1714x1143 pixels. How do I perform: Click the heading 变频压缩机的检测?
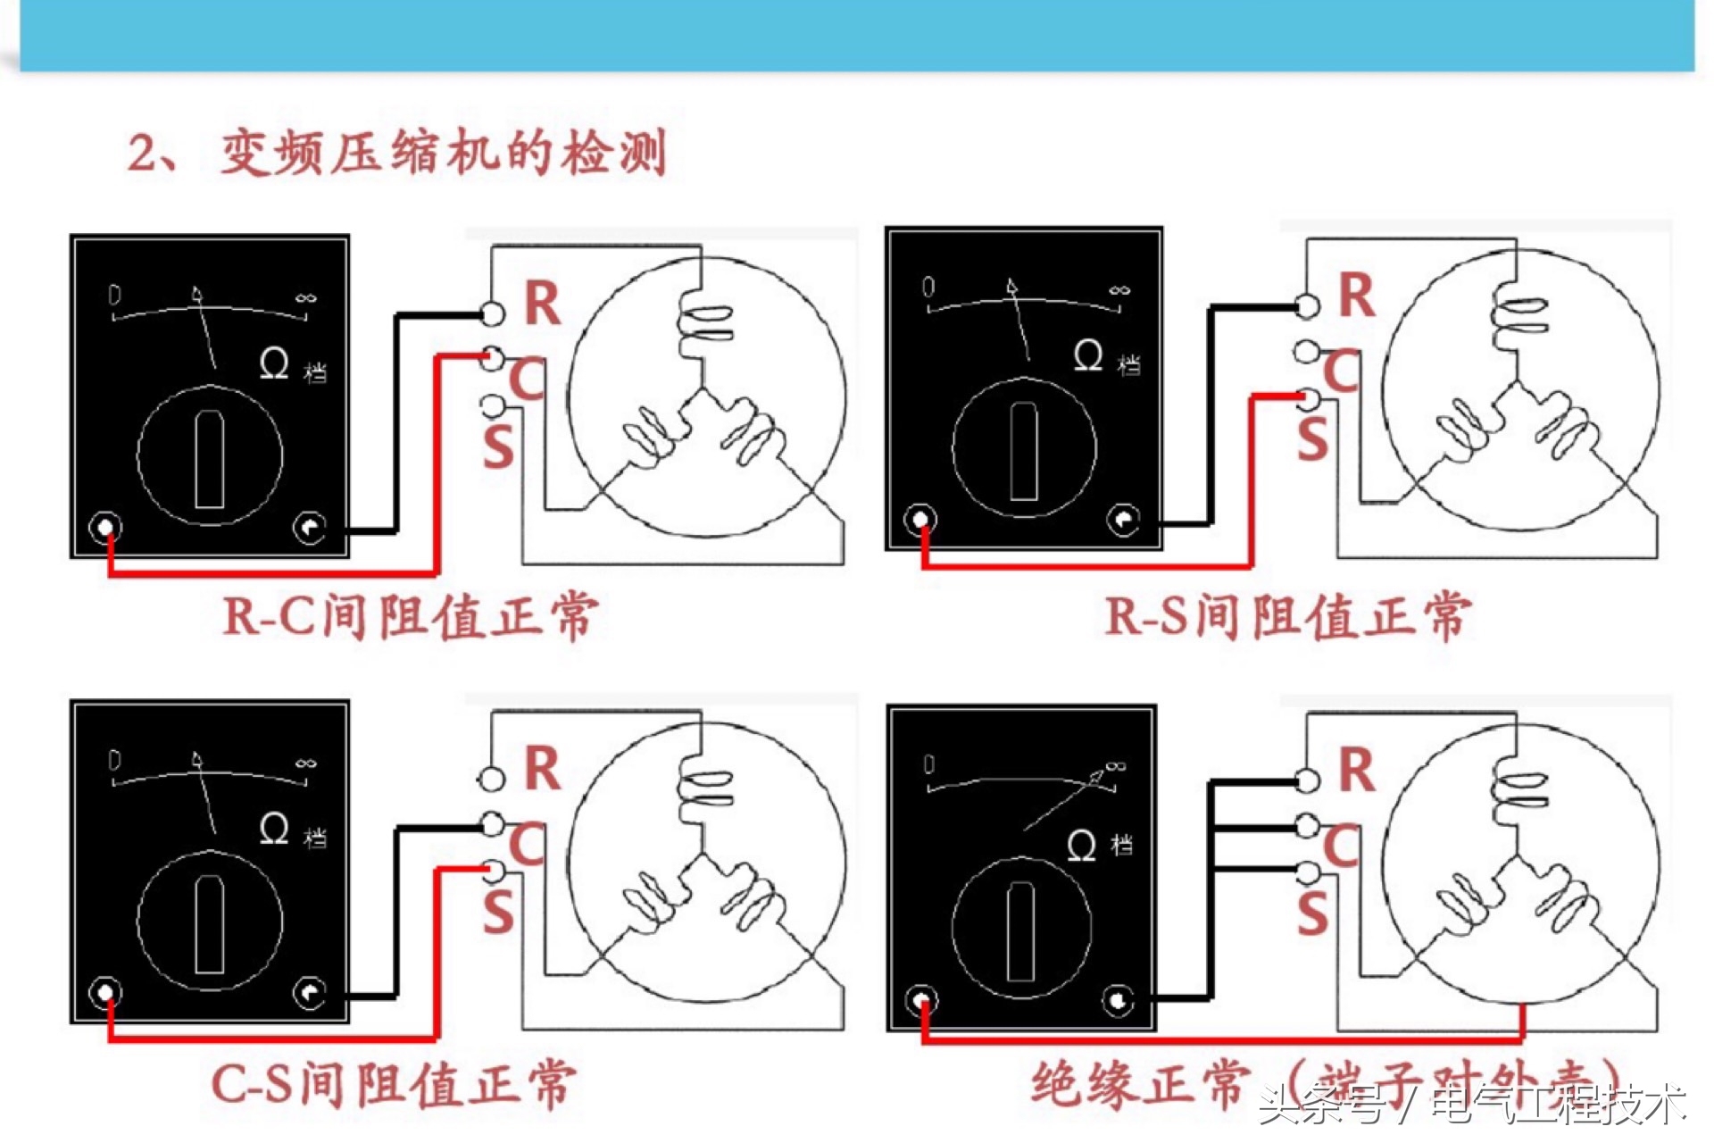click(443, 153)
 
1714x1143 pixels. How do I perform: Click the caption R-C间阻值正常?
click(410, 616)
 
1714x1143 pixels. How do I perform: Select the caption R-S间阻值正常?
click(1286, 616)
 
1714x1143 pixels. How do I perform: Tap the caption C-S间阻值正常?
click(394, 1084)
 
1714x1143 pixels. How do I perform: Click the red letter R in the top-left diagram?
click(542, 304)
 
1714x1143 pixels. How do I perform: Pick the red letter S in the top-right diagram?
click(1312, 440)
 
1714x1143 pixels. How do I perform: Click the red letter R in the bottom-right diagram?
click(1356, 770)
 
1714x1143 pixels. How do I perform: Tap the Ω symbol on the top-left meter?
click(274, 363)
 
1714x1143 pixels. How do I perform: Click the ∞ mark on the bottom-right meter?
click(1116, 766)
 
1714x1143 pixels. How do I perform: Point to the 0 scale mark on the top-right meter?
click(928, 287)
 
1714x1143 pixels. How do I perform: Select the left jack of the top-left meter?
click(106, 527)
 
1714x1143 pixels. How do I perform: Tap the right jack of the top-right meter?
click(1123, 520)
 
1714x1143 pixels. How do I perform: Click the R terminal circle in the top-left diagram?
click(492, 313)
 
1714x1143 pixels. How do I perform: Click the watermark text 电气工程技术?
click(1558, 1105)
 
